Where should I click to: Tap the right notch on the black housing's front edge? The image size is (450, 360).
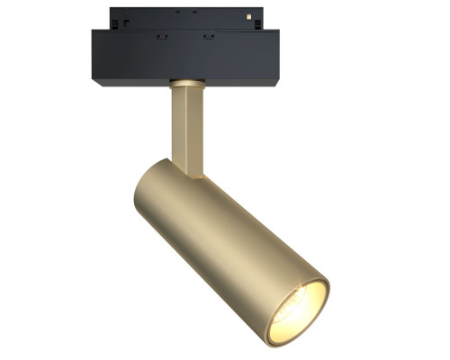[x=208, y=36]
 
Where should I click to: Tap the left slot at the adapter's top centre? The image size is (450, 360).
[x=176, y=13]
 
